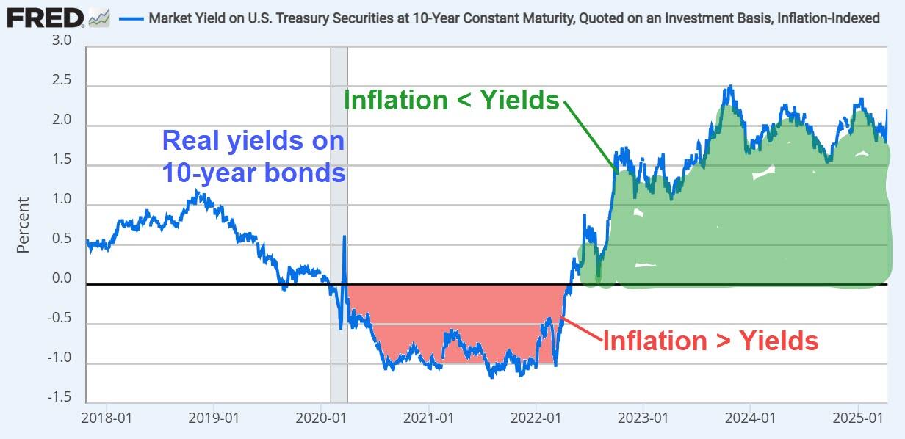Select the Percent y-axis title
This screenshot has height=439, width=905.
point(23,225)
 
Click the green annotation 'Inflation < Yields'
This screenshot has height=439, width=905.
point(452,100)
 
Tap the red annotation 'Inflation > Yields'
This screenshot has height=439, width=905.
point(710,341)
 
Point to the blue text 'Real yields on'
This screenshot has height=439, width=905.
point(253,139)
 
